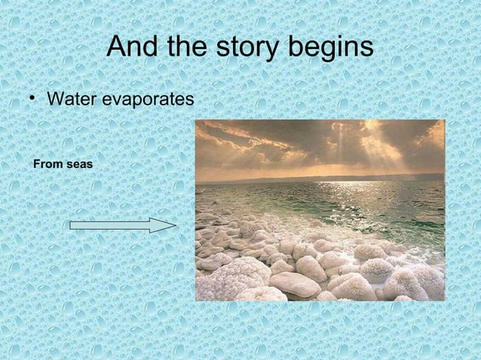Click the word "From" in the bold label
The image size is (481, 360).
pyautogui.click(x=46, y=163)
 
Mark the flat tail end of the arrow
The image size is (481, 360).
pyautogui.click(x=72, y=225)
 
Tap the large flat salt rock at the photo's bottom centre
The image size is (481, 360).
pyautogui.click(x=295, y=283)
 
